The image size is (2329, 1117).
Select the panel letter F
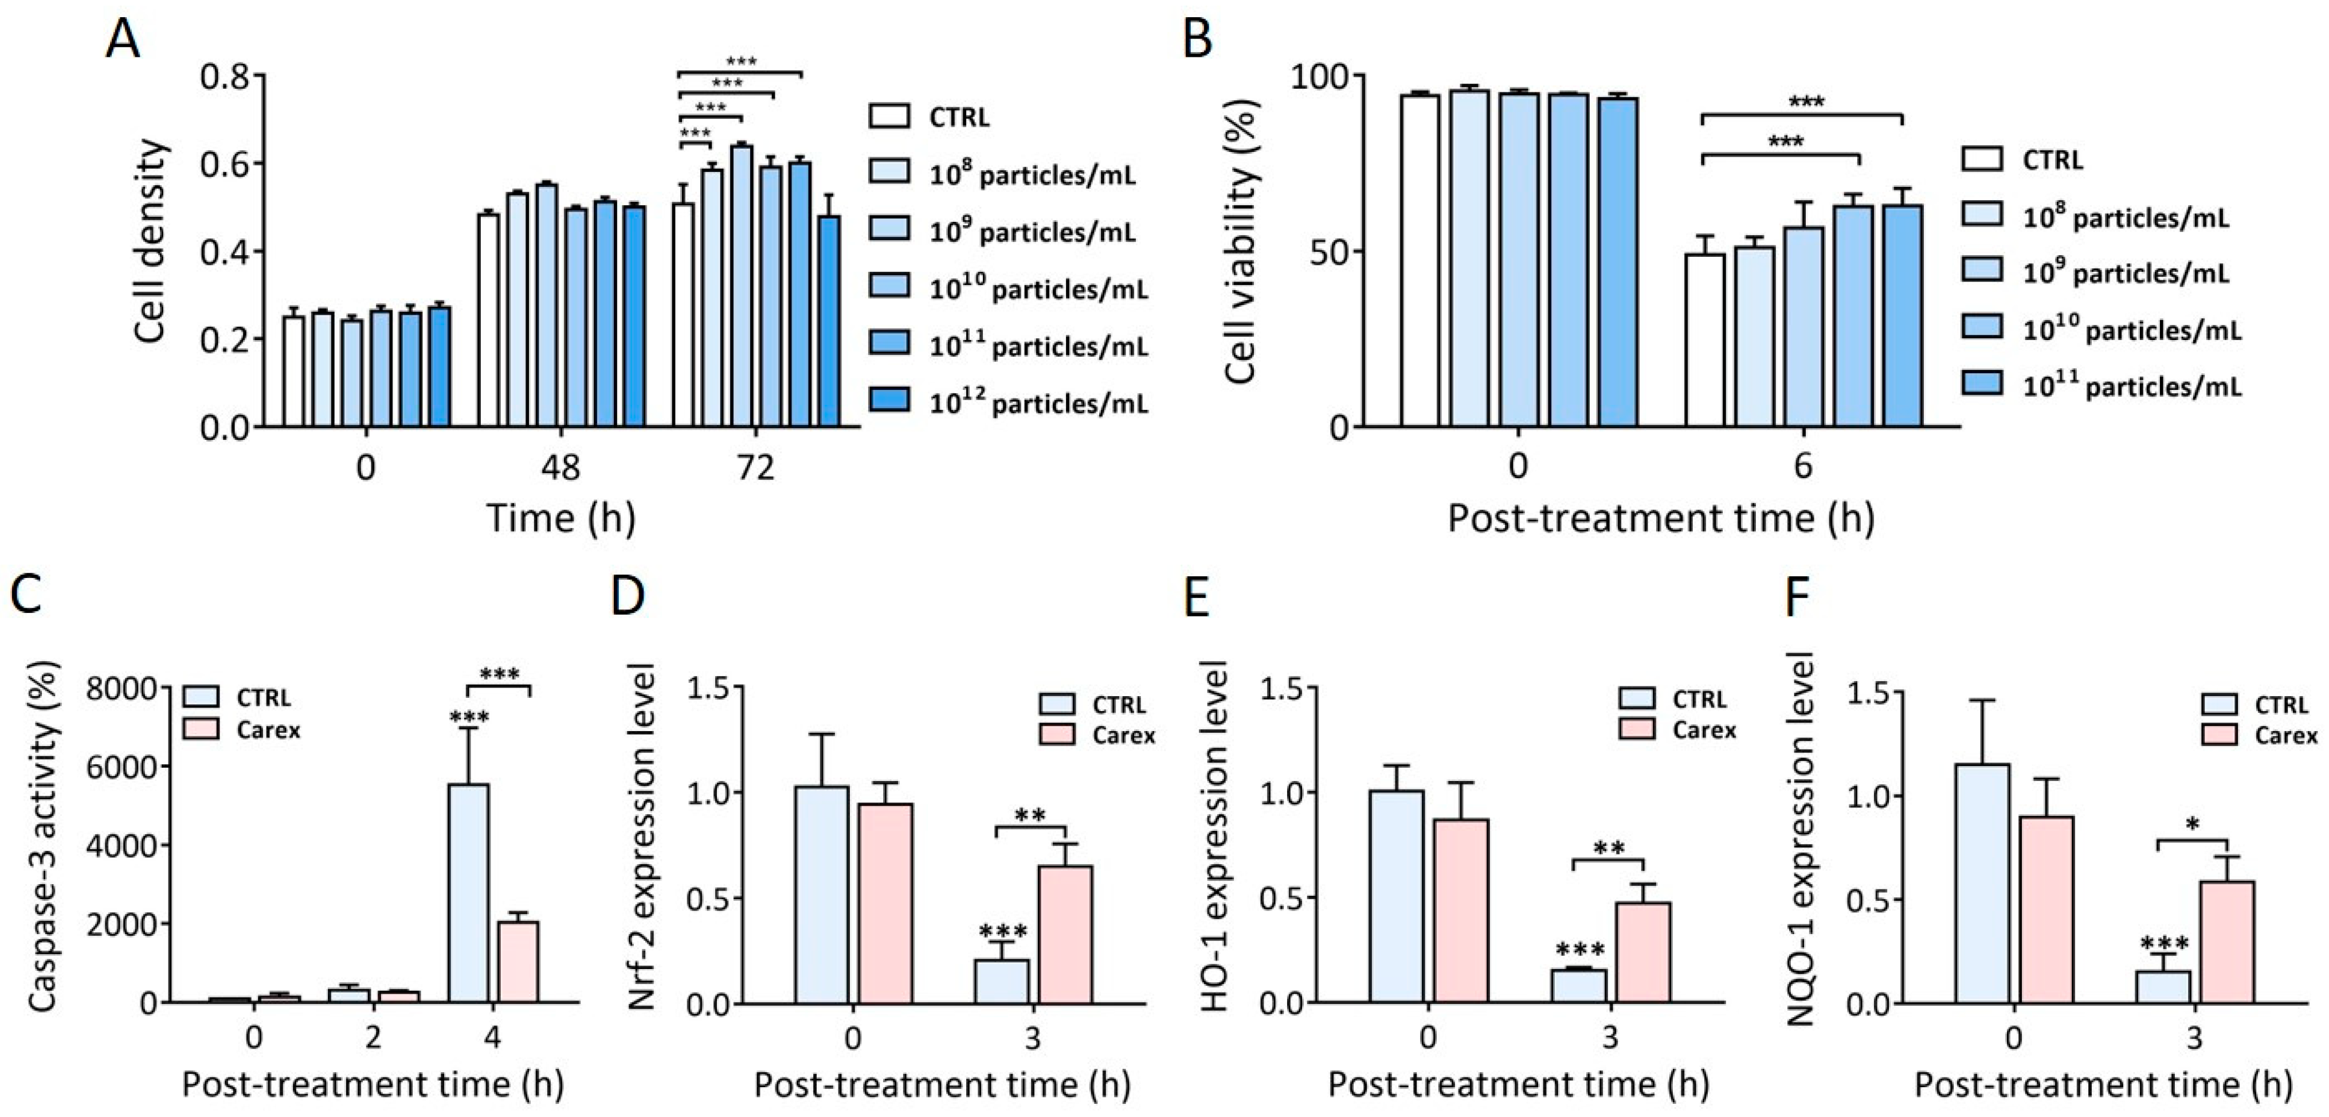click(x=1799, y=598)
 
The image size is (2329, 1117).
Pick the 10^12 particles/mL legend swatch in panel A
click(x=889, y=399)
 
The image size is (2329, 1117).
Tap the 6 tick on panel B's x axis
click(x=1803, y=467)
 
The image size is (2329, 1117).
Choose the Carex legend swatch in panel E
click(x=1637, y=729)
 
